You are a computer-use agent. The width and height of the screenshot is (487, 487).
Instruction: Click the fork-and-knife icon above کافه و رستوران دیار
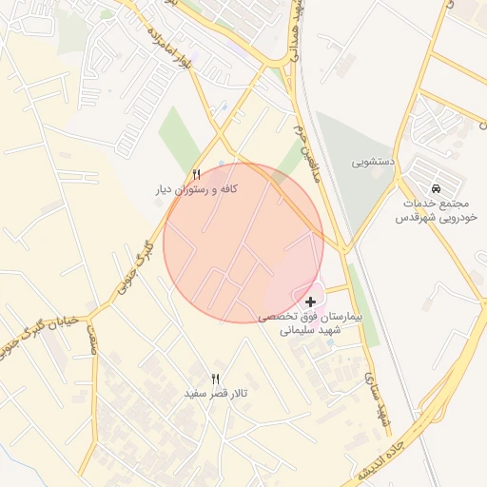(x=197, y=174)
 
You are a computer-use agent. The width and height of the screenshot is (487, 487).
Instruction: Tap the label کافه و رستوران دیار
(x=197, y=190)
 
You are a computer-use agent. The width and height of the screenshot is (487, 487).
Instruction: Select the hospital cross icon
(x=311, y=302)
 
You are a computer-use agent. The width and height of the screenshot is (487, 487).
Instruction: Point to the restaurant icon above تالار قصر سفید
(x=215, y=379)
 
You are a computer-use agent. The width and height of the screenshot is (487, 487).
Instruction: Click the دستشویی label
(x=374, y=163)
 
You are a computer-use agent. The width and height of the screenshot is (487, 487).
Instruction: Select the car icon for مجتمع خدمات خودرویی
(x=436, y=187)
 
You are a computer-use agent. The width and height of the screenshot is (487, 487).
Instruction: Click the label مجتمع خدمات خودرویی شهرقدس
(x=436, y=210)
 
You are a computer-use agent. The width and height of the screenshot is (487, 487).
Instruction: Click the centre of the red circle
(x=243, y=243)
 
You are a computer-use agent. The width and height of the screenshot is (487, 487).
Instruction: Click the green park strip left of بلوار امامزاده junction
(x=181, y=138)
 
